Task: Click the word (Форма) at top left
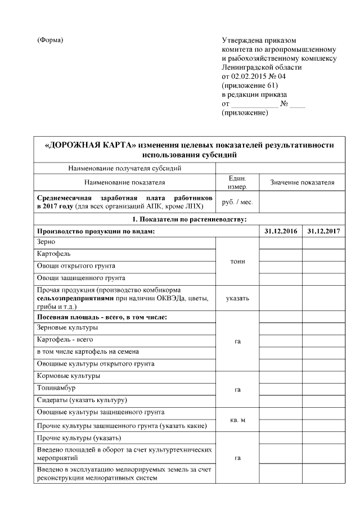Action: [x=50, y=40]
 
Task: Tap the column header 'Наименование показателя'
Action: [x=124, y=183]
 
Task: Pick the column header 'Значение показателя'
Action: [x=302, y=183]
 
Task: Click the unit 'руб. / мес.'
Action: [x=237, y=202]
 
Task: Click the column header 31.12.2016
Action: [x=280, y=231]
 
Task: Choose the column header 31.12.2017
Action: [x=324, y=231]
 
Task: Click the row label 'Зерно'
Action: [x=46, y=242]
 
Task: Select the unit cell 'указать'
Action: [x=237, y=298]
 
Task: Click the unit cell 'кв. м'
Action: [x=237, y=420]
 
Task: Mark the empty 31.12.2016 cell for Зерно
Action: [x=280, y=242]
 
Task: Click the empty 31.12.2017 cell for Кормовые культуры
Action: [x=324, y=376]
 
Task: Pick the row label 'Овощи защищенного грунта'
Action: [x=80, y=278]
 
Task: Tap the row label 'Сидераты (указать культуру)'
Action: [x=82, y=400]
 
